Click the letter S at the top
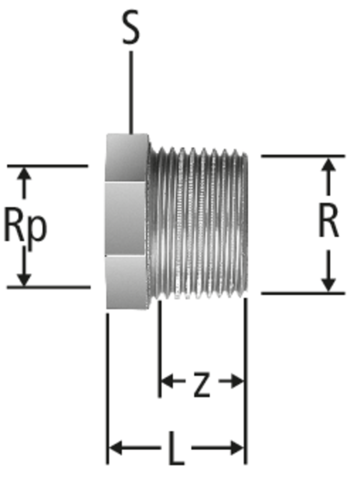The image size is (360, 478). coord(131,28)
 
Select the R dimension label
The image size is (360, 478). coord(329,220)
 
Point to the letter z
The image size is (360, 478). coord(201,385)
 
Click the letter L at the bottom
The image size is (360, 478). coord(177,448)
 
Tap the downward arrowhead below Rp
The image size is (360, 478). coord(24,279)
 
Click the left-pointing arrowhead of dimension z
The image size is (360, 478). coord(167,381)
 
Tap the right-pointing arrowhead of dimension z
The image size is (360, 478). coord(237,381)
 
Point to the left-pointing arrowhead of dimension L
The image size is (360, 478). coord(116,448)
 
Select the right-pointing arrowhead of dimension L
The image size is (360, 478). coord(237,448)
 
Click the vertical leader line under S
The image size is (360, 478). coord(131,92)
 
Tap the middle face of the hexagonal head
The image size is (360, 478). coord(126,218)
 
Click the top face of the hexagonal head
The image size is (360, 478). coord(127,158)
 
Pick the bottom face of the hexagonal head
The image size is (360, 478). coord(127,282)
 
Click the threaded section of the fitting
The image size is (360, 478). coord(198,223)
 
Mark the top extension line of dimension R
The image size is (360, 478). coord(303,156)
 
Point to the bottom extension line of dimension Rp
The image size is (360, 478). coord(48,287)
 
